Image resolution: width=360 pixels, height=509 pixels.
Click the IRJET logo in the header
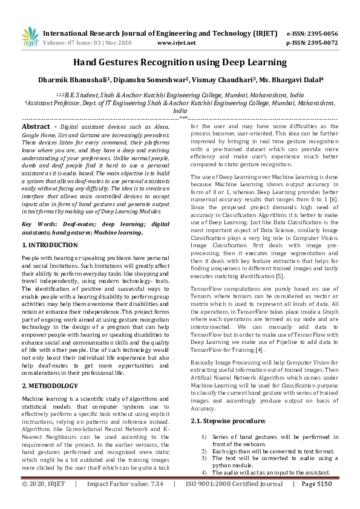click(x=29, y=37)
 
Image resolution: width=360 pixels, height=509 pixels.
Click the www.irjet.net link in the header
click(x=176, y=43)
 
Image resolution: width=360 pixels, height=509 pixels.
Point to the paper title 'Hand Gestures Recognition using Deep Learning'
click(x=180, y=62)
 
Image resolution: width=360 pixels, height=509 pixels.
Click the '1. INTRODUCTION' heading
click(x=50, y=245)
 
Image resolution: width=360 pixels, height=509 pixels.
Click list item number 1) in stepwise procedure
click(x=204, y=436)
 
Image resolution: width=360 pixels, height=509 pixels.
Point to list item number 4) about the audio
click(x=204, y=472)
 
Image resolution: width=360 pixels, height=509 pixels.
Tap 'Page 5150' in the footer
click(x=316, y=484)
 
